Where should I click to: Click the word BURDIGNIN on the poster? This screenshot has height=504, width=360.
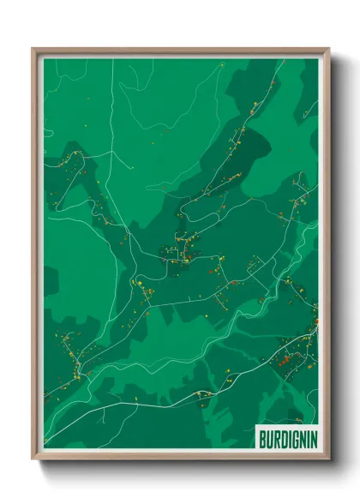pyautogui.click(x=286, y=440)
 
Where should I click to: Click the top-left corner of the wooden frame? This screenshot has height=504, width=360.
pyautogui.click(x=33, y=49)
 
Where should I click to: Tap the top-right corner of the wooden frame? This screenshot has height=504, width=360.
pyautogui.click(x=328, y=49)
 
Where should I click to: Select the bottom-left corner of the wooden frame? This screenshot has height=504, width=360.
pyautogui.click(x=33, y=459)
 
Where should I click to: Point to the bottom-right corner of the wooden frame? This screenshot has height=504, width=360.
pyautogui.click(x=328, y=459)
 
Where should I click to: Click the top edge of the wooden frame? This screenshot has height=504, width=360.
pyautogui.click(x=180, y=50)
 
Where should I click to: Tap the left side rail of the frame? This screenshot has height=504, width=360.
pyautogui.click(x=35, y=257)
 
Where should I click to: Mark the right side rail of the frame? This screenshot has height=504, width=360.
pyautogui.click(x=327, y=257)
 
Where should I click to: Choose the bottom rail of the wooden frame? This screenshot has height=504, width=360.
pyautogui.click(x=180, y=457)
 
